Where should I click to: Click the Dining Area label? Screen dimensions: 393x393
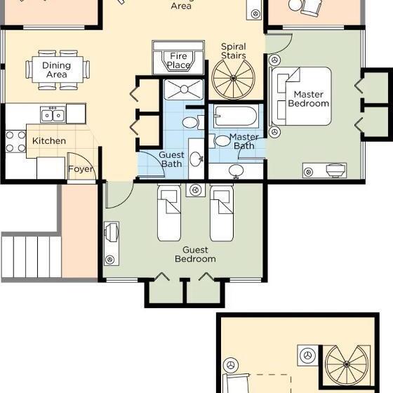(x=57, y=70)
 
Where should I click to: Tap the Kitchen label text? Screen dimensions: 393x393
(x=49, y=141)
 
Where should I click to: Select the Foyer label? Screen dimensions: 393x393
(x=81, y=169)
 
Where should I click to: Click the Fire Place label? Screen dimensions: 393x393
(x=178, y=60)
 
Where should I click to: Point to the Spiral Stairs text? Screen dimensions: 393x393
(x=233, y=51)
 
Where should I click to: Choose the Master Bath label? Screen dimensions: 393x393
(x=244, y=141)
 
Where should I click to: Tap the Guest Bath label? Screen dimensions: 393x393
(x=171, y=159)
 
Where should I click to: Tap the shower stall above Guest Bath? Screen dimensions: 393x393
(x=183, y=89)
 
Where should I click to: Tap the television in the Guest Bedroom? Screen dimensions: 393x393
(x=111, y=233)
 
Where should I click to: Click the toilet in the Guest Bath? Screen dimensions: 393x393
(x=189, y=123)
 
